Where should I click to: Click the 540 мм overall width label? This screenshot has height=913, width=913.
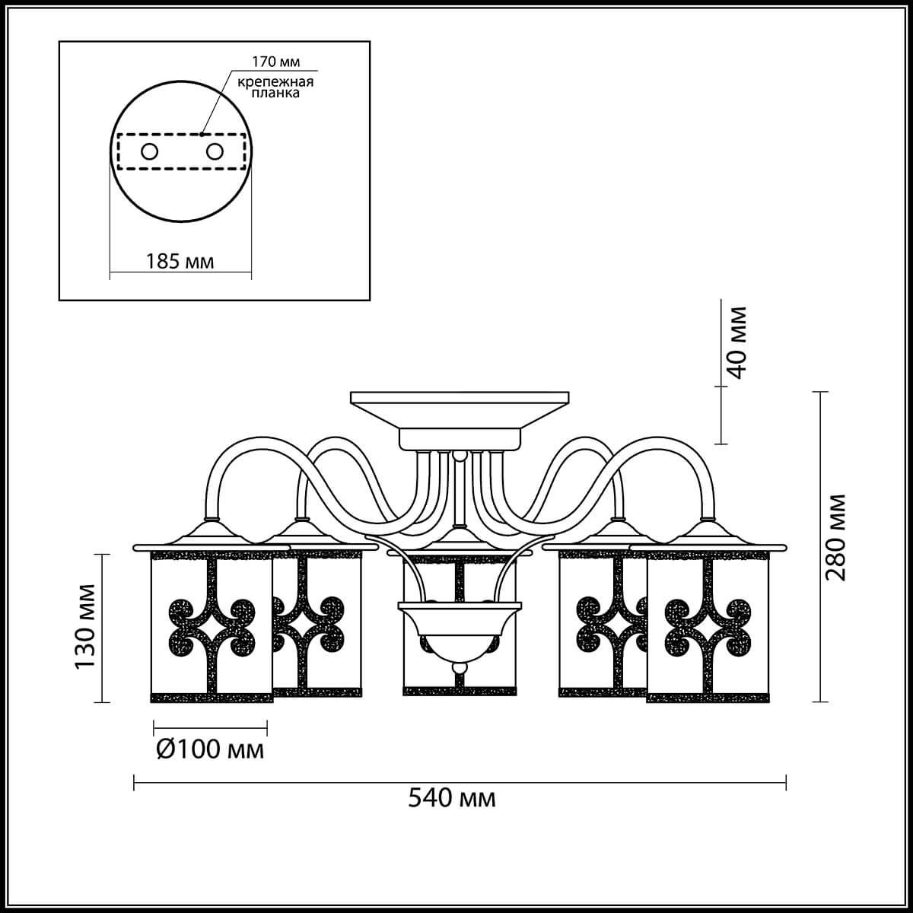[452, 798]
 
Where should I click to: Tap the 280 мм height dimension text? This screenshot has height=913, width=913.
[837, 536]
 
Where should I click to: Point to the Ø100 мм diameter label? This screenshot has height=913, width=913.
[210, 749]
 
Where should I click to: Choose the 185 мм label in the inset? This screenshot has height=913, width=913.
[180, 261]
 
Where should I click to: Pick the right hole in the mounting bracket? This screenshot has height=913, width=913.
[215, 152]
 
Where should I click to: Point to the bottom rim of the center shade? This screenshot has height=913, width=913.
[460, 692]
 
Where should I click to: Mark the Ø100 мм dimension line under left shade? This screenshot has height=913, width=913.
[210, 725]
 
